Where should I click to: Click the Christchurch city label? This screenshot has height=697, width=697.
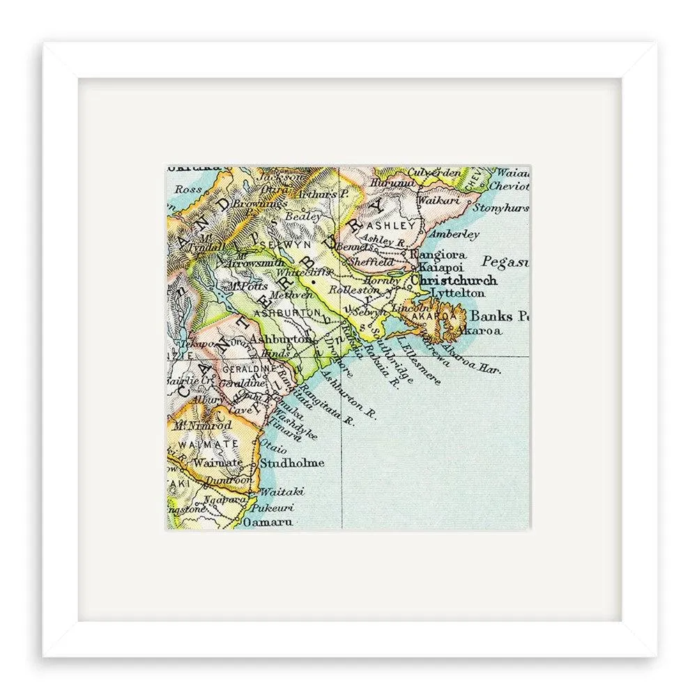pyautogui.click(x=454, y=280)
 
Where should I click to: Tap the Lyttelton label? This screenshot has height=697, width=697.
pyautogui.click(x=457, y=293)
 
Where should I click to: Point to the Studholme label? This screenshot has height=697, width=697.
pyautogui.click(x=291, y=462)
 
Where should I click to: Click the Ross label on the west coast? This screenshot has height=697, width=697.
pyautogui.click(x=189, y=188)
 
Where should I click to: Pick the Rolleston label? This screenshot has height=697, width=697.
pyautogui.click(x=348, y=289)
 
